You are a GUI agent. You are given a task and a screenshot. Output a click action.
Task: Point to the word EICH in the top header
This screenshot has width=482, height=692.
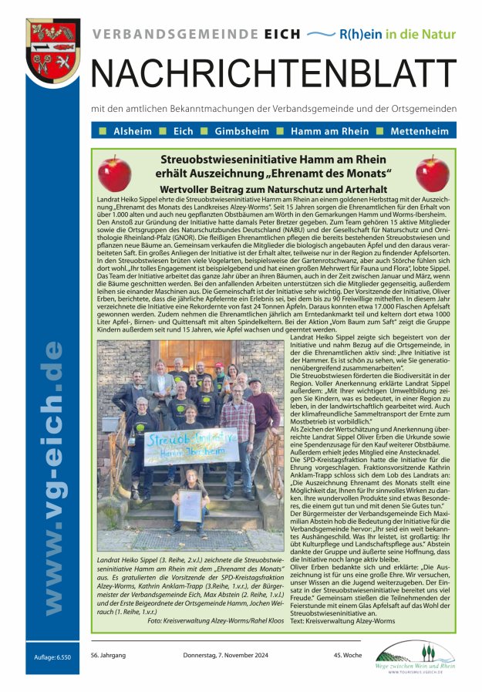[278, 35]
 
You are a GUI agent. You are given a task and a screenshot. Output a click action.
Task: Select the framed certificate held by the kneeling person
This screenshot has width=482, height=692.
[190, 505]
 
